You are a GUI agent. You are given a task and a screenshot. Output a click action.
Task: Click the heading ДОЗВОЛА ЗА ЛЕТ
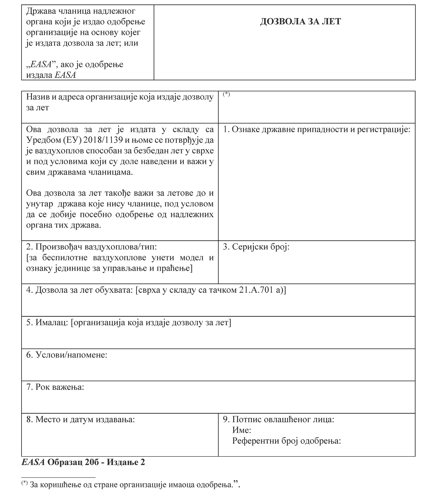tap(300, 21)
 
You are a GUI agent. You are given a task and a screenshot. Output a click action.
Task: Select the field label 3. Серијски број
tap(256, 247)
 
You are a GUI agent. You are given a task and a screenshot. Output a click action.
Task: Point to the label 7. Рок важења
tap(55, 387)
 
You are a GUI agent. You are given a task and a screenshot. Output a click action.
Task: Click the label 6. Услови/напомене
tap(67, 355)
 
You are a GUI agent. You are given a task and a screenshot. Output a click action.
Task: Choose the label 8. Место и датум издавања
tap(80, 419)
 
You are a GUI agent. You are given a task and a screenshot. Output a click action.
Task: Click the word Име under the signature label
tap(242, 430)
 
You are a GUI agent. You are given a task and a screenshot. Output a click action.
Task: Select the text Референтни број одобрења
tap(286, 441)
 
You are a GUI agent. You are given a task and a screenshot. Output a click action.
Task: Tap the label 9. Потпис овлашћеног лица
tap(278, 419)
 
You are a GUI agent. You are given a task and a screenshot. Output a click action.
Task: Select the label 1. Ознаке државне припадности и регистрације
tap(317, 130)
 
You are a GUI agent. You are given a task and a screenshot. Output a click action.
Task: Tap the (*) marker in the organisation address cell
tap(227, 95)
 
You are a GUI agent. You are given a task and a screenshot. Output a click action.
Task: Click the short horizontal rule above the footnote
tap(58, 477)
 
